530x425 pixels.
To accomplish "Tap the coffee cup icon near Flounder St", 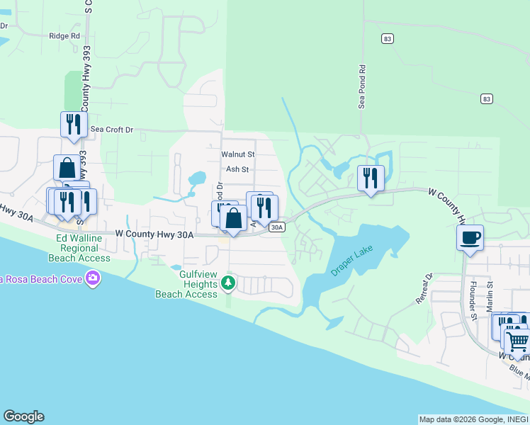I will (470, 237).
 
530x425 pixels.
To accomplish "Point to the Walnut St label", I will (237, 154).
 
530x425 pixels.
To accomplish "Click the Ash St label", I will (237, 169).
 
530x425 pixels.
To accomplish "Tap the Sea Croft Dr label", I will (112, 130).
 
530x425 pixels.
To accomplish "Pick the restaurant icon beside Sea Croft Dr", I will (74, 125).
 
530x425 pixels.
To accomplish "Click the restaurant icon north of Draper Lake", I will (371, 177).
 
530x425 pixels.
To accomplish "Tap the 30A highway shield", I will (277, 227).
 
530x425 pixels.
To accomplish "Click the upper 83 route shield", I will (386, 38).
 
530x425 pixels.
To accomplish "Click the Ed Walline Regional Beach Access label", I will (84, 248).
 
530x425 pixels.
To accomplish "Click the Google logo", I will (23, 416).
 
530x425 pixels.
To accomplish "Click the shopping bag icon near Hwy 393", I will (67, 169).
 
